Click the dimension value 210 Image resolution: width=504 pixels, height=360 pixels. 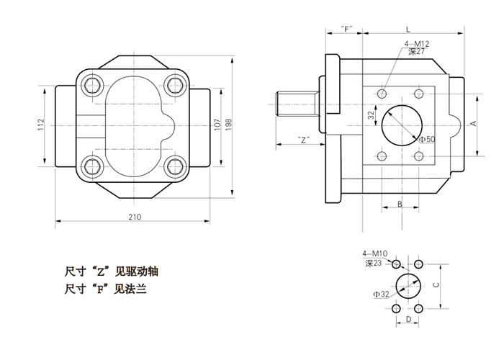(x=134, y=216)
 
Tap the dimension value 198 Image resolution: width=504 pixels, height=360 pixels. (x=228, y=123)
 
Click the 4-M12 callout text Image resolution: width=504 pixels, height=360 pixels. (x=415, y=45)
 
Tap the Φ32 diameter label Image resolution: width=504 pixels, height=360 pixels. (x=381, y=294)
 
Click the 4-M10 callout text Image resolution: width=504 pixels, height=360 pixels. (x=375, y=253)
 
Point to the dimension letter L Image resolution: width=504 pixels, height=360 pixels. (x=408, y=30)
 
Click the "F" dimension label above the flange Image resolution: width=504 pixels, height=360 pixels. (x=347, y=30)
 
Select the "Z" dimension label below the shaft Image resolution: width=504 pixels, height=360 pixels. (x=305, y=140)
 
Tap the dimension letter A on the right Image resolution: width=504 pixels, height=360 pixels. (x=473, y=124)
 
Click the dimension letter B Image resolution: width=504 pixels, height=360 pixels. (x=400, y=205)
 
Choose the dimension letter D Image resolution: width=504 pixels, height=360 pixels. (x=408, y=319)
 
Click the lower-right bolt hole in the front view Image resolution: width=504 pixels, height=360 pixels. (x=174, y=168)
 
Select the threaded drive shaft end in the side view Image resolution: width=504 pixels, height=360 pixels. (x=295, y=105)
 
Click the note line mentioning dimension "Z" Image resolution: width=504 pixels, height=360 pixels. (x=111, y=272)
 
